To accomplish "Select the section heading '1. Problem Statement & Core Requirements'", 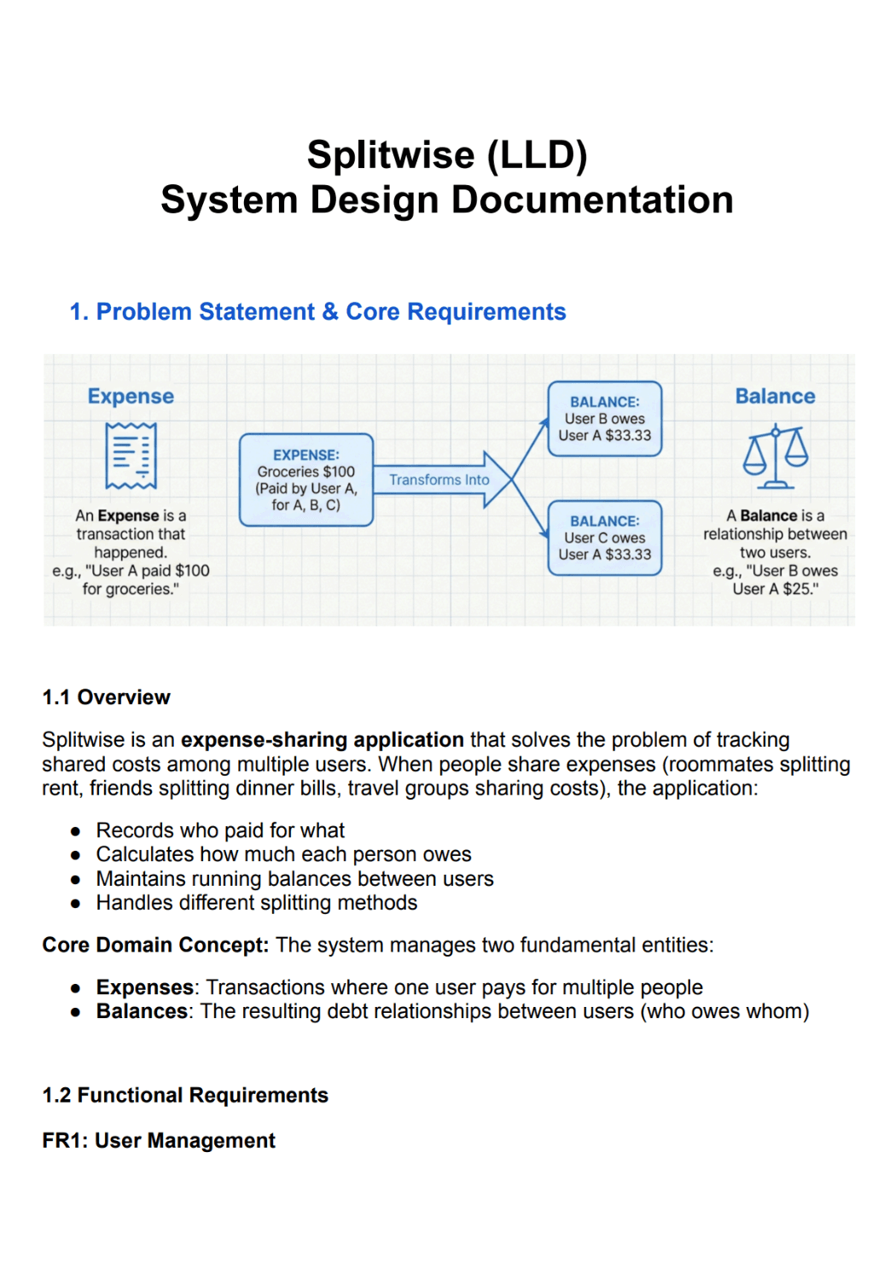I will click(x=317, y=312).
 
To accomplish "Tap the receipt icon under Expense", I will click(x=131, y=456).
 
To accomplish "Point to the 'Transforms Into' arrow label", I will click(x=439, y=480).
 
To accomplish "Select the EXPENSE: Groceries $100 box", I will click(x=305, y=480).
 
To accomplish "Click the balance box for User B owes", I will click(x=604, y=419).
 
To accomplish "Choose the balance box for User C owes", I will click(x=604, y=538).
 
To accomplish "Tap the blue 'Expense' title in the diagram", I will click(x=131, y=397).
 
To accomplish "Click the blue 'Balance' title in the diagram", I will click(x=775, y=397).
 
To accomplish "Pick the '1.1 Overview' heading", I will click(x=107, y=697).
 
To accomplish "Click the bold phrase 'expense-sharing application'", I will click(x=322, y=740).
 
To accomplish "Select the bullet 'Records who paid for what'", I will click(x=220, y=830).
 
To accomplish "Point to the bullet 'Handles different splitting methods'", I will click(x=256, y=903).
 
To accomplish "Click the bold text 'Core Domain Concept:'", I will click(x=155, y=945).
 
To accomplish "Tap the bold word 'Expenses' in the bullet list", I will click(x=144, y=987).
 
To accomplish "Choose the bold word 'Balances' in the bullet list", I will click(x=142, y=1011).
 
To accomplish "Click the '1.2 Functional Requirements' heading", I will click(x=185, y=1095).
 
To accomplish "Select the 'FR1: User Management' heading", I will click(x=159, y=1141).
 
